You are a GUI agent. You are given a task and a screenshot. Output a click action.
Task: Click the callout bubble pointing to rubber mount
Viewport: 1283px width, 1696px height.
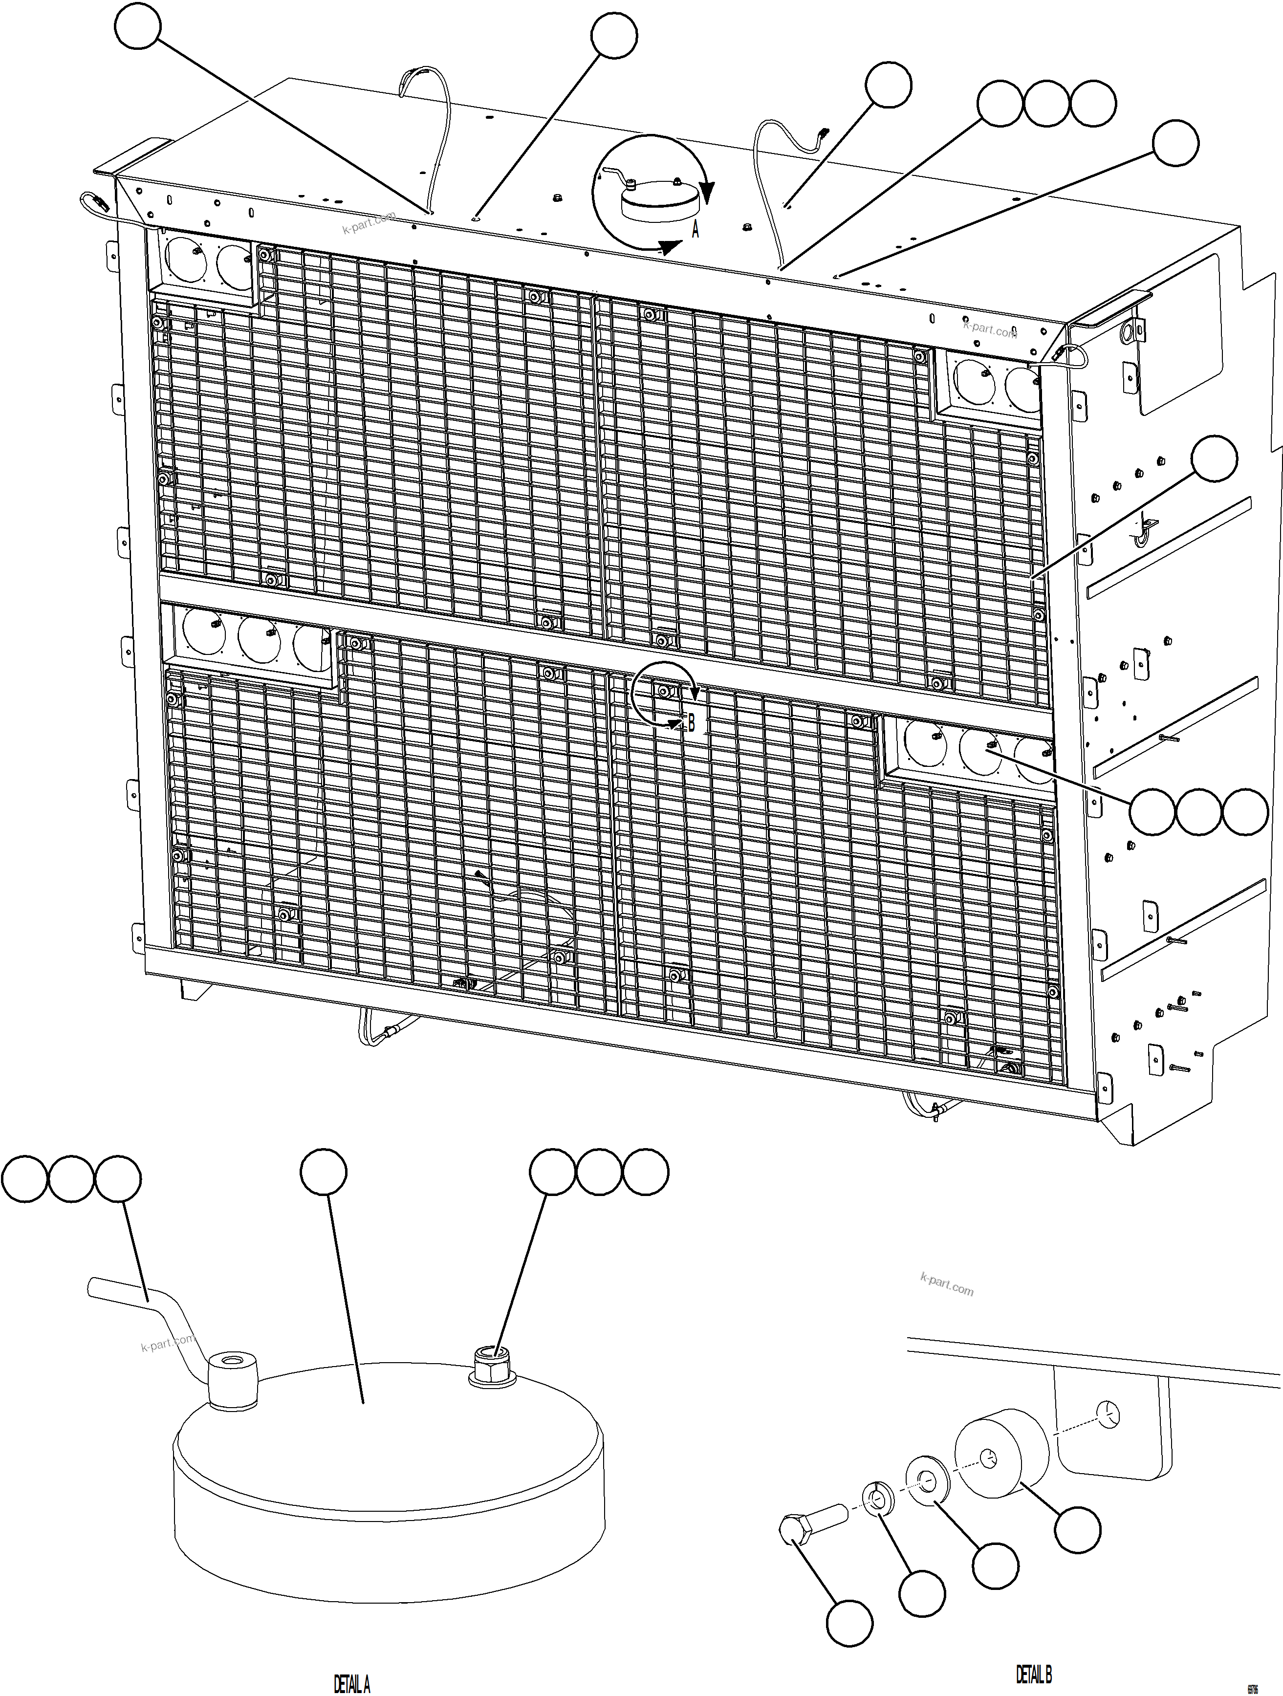pyautogui.click(x=1077, y=1530)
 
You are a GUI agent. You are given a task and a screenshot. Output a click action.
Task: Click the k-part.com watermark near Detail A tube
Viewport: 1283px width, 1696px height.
pyautogui.click(x=167, y=1341)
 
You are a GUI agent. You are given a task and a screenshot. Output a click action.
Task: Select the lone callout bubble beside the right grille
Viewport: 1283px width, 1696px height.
pyautogui.click(x=1214, y=458)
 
